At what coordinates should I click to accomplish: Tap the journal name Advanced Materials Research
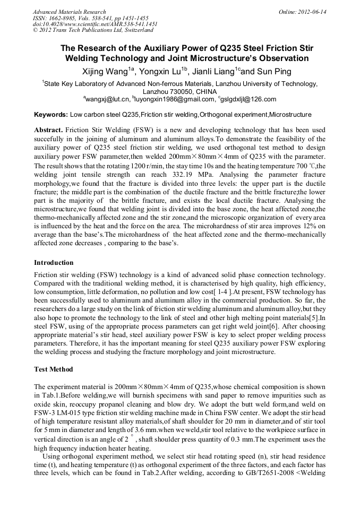(x=69, y=12)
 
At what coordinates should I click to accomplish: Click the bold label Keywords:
(x=51, y=115)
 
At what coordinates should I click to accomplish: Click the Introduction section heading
(x=54, y=263)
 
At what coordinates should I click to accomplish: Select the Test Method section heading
(x=53, y=369)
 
